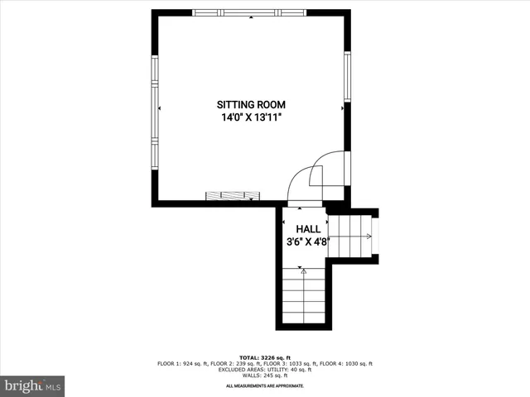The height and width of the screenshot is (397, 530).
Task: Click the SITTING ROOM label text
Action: [251, 105]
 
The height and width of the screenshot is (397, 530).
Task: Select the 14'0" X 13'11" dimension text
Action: [251, 118]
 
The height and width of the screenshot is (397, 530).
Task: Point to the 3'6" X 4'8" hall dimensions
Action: [308, 243]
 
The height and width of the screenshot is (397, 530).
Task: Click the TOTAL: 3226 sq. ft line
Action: [265, 358]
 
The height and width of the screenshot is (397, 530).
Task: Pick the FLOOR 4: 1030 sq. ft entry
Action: [349, 364]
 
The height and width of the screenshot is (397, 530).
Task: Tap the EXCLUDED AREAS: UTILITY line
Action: [265, 370]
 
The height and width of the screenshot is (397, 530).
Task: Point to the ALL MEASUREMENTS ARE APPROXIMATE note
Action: [265, 386]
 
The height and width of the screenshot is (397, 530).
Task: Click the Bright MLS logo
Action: [32, 385]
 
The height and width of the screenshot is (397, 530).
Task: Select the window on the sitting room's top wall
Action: [249, 12]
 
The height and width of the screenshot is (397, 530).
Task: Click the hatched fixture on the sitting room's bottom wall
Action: [233, 196]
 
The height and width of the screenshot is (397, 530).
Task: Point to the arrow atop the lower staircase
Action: [304, 270]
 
